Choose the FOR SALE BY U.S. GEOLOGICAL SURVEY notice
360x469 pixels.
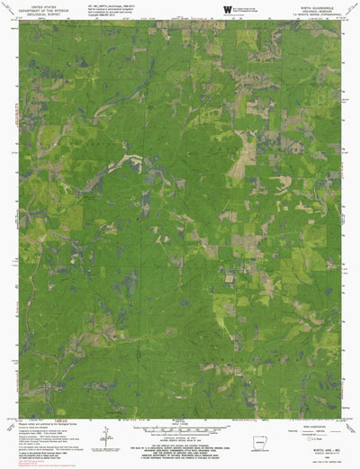(177, 445)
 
